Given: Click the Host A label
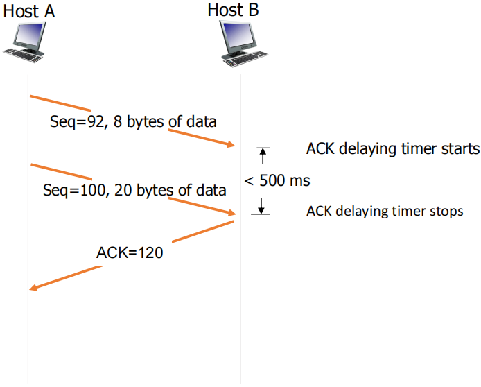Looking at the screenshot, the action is click(29, 11).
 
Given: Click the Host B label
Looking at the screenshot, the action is click(233, 10).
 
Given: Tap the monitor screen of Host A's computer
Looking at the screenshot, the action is click(29, 34).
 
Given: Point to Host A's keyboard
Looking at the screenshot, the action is click(24, 56).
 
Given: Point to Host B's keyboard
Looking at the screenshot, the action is click(245, 59).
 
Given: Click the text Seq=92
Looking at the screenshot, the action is click(77, 121).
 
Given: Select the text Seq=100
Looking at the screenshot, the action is click(75, 190).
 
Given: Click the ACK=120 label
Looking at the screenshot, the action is click(130, 252).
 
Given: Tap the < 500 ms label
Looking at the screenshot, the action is click(277, 180).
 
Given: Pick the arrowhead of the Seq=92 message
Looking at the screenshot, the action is click(231, 144).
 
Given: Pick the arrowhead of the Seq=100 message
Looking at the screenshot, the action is click(231, 212).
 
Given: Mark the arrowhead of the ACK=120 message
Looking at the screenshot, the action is click(33, 288).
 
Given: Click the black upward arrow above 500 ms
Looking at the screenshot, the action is click(263, 156).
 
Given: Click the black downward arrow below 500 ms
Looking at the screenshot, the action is click(261, 206).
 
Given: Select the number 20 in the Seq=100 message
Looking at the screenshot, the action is click(123, 190).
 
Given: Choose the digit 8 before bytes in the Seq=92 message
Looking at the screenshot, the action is click(118, 121).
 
